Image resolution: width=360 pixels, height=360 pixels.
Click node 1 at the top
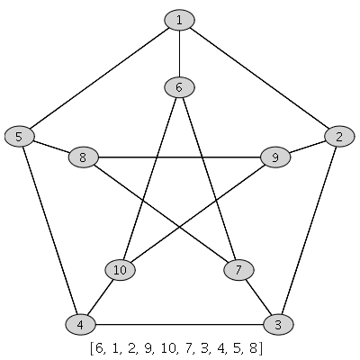[x=179, y=20]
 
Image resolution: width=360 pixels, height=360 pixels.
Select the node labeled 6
[x=179, y=87]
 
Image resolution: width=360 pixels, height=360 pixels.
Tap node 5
[x=19, y=137]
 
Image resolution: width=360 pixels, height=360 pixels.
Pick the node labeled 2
[x=339, y=137]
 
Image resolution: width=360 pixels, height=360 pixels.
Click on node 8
[x=83, y=157]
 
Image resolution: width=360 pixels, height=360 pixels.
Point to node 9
[x=275, y=157]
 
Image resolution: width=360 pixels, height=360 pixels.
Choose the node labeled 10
[x=120, y=270]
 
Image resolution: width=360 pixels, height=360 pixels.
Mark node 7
[x=238, y=270]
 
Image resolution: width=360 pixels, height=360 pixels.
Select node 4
[x=80, y=324]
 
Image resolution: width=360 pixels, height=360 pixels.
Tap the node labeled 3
[x=278, y=324]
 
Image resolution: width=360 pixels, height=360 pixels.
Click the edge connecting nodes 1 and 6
[x=179, y=54]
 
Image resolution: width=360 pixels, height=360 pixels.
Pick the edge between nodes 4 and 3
[x=179, y=324]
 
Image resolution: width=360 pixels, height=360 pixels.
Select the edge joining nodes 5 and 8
[x=51, y=147]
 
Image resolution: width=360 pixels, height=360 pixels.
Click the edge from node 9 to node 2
[x=308, y=147]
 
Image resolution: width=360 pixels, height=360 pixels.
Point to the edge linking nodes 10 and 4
[x=100, y=297]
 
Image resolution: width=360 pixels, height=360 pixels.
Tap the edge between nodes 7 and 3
[x=258, y=297]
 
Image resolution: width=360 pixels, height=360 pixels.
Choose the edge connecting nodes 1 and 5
[x=99, y=78]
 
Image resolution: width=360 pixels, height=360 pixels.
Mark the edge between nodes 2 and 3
[x=309, y=230]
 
